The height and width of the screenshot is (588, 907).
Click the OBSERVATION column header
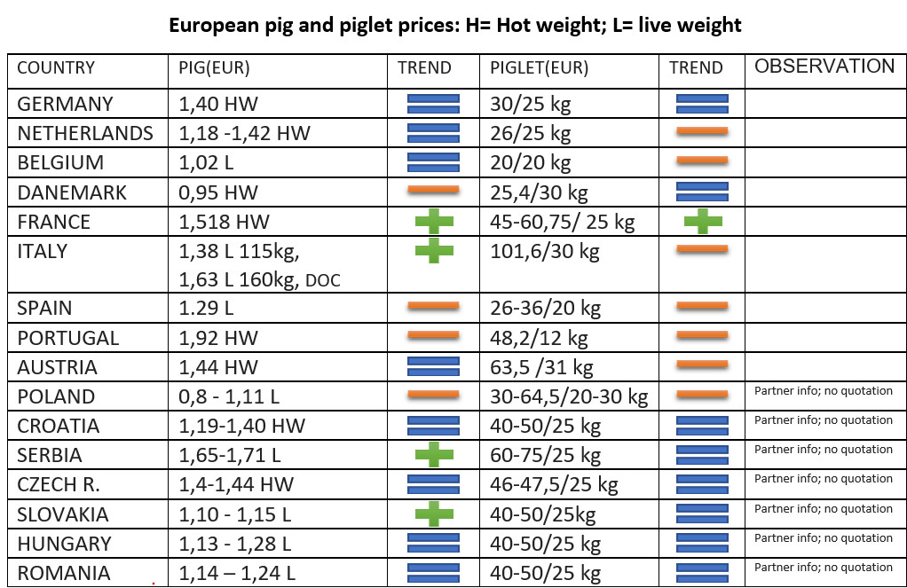(824, 66)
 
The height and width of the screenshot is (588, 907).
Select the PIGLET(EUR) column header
(539, 68)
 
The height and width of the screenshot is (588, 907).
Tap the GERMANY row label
(66, 104)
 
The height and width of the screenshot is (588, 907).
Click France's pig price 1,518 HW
(224, 222)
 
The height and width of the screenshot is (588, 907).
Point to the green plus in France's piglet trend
(703, 222)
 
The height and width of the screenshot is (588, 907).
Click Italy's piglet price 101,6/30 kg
(545, 252)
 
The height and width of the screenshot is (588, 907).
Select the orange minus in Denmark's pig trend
(433, 190)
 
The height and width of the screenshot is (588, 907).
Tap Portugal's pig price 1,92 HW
(218, 338)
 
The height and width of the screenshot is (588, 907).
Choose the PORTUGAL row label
(68, 338)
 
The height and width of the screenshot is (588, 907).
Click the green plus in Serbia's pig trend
(434, 454)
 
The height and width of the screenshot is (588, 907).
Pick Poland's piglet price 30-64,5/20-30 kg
(569, 397)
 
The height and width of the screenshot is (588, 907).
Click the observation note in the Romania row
(823, 568)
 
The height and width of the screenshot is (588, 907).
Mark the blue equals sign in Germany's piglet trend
(702, 104)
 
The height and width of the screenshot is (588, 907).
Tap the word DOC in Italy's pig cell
(323, 281)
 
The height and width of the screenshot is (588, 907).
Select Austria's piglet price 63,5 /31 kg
(541, 368)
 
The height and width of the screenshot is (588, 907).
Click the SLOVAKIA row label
(63, 514)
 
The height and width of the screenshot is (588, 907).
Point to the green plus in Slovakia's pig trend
(434, 514)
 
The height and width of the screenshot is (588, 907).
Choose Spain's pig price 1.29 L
(206, 308)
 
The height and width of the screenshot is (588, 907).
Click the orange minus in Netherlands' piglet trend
(702, 131)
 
